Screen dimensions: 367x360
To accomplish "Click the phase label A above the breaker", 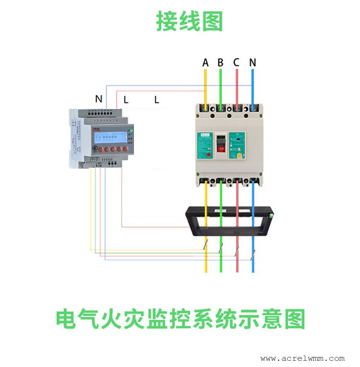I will [x=205, y=63].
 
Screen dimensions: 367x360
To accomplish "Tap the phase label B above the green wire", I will [x=220, y=63].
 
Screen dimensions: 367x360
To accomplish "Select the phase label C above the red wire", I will [x=236, y=63].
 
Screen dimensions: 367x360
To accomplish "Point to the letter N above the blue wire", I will [x=252, y=63].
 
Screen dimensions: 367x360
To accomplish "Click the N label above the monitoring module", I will [x=98, y=99].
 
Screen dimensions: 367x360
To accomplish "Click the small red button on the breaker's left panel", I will [x=210, y=155].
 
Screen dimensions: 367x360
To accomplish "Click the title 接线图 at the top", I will [x=190, y=22].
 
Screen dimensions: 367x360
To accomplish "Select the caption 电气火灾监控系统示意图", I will [x=180, y=319].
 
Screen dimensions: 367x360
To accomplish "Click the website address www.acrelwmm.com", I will [x=302, y=358].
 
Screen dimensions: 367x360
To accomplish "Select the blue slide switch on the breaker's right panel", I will [x=237, y=143].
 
